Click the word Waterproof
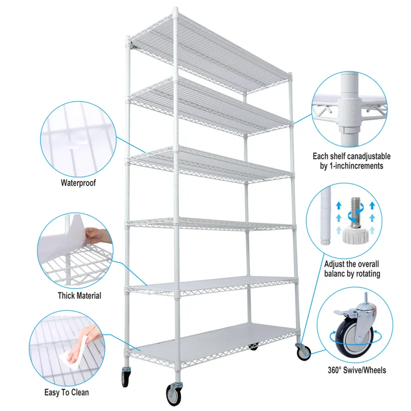tap(78, 182)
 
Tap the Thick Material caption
tap(79, 295)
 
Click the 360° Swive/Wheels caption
tap(357, 369)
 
